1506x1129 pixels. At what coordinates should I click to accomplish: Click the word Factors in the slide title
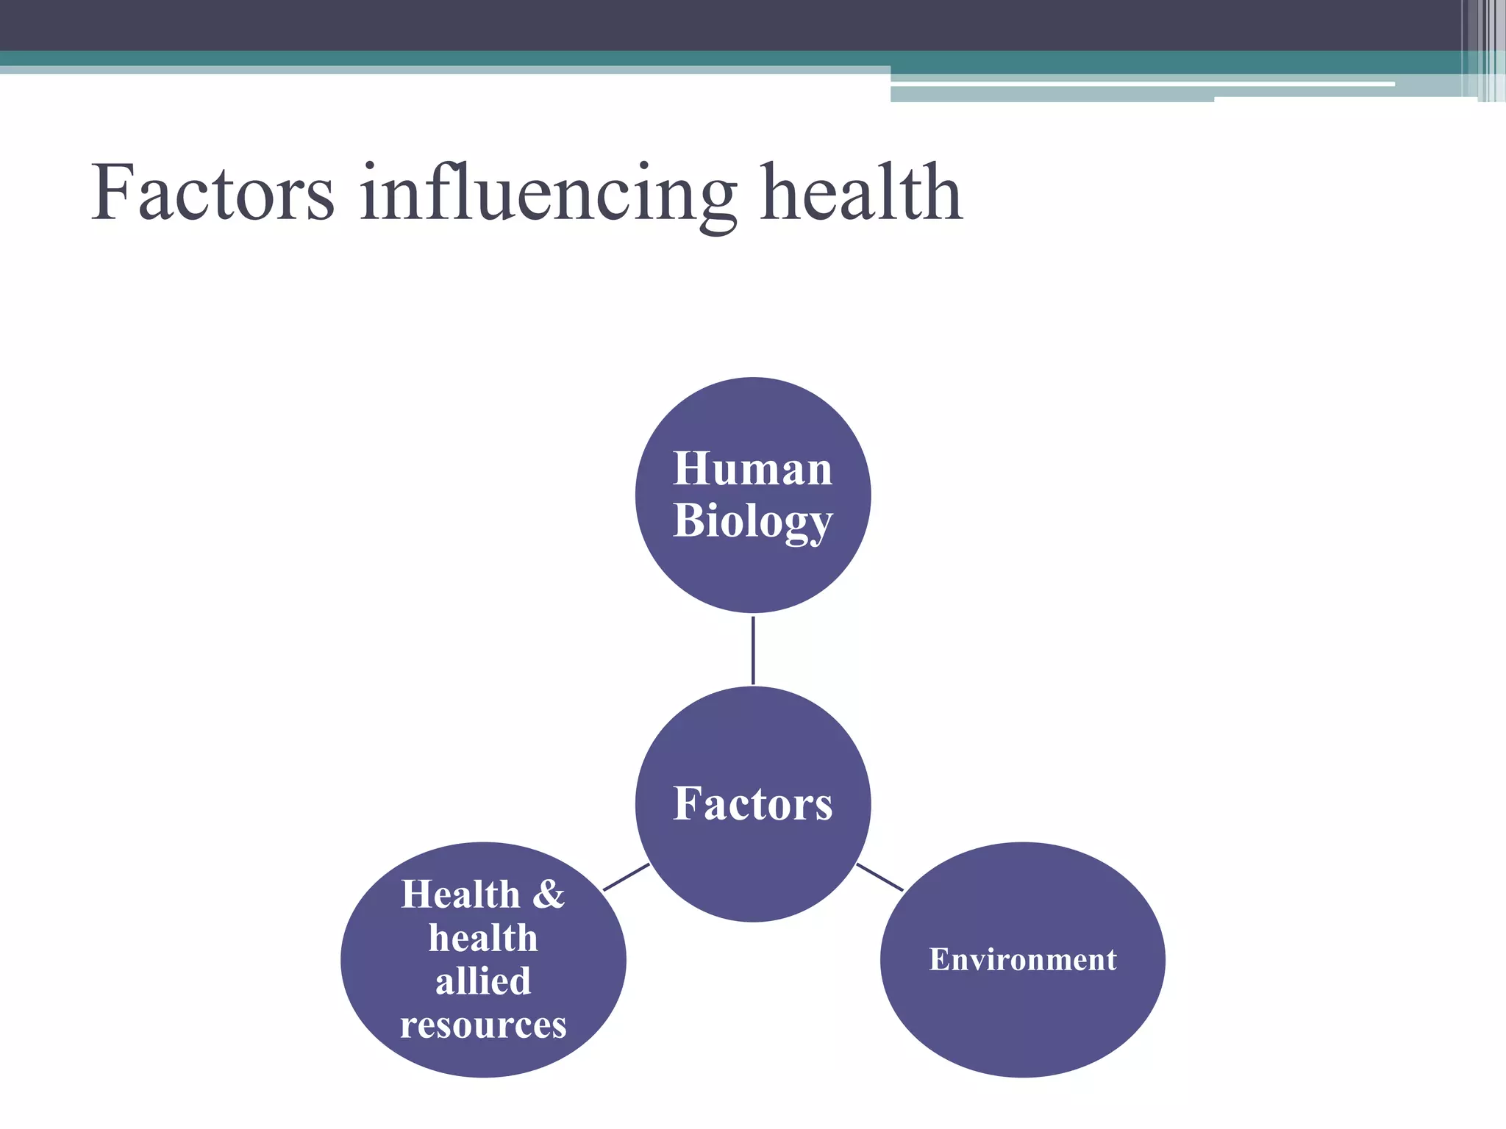[213, 193]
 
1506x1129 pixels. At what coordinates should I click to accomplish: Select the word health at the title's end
[861, 193]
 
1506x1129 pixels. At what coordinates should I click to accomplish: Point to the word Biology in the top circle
[752, 522]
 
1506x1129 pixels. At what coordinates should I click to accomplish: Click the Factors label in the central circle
[753, 803]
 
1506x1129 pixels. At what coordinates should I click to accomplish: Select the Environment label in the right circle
[1022, 960]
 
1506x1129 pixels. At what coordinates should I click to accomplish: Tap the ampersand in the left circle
[549, 895]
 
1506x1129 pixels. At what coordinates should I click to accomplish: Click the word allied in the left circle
[483, 981]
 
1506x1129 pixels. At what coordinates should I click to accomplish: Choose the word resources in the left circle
[483, 1025]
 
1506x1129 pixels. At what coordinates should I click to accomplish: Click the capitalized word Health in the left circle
[460, 895]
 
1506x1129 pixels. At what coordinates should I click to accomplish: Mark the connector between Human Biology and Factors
[753, 650]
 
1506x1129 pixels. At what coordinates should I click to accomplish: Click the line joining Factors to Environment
[879, 877]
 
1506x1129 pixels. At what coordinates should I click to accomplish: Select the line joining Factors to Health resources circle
[626, 877]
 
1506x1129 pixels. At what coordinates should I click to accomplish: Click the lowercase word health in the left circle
[483, 939]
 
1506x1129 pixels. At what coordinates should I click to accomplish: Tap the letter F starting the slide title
[114, 192]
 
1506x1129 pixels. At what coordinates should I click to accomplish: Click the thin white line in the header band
[1140, 85]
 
